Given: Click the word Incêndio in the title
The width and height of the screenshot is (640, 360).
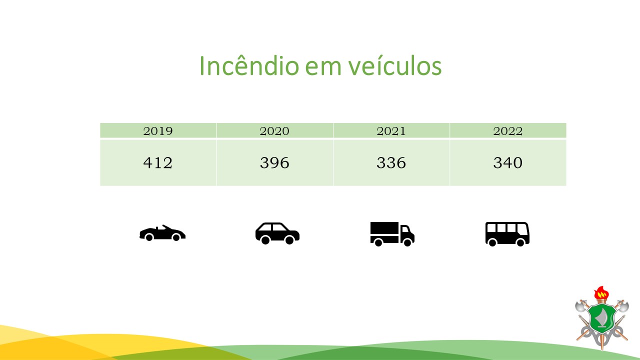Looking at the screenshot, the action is coord(249,66).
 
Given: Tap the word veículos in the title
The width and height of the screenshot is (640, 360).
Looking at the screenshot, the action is coord(395,66).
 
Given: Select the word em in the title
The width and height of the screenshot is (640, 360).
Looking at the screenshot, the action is coord(323,69).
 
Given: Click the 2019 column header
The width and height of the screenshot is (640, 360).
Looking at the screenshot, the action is coord(158,131).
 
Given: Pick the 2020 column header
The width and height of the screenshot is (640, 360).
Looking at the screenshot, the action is coord(274,131).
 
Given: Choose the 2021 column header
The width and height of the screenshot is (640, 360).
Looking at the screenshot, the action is coord(391,131).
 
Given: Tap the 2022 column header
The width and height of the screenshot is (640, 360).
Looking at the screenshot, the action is coord(507,131).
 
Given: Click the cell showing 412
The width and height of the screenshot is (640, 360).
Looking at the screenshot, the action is coord(157,163).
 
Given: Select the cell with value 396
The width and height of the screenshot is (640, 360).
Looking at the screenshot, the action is coord(274,163).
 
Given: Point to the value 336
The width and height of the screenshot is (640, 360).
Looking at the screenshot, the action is coord(391,163).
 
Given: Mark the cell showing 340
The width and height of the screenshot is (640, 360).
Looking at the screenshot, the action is coord(507,163).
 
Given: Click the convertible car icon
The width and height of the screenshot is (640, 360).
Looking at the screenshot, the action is coord(162,233).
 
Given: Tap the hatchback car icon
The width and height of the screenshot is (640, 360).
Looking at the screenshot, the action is coord(277,233).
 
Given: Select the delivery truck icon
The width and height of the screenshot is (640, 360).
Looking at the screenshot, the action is coord(392,234).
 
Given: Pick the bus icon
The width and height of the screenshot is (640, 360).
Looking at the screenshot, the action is coord(507,234).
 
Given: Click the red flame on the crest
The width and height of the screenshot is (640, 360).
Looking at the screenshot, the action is coord(601,293).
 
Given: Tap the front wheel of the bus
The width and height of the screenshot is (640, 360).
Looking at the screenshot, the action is coord(520,242).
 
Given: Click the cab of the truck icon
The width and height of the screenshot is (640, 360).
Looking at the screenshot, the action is coord(407,233).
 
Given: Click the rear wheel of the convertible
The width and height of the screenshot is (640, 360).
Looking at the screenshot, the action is coord(149,237).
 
